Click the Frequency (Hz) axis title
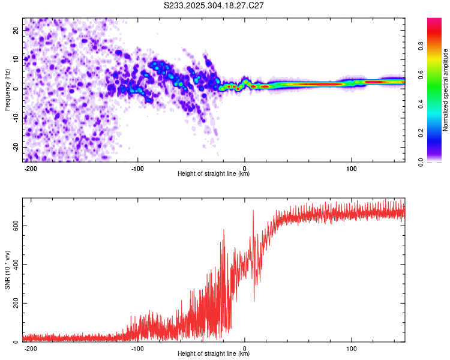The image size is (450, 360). pyautogui.click(x=7, y=89)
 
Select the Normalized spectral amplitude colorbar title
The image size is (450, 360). pyautogui.click(x=446, y=89)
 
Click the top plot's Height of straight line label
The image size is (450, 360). pyautogui.click(x=214, y=174)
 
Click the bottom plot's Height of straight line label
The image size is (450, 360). pyautogui.click(x=214, y=354)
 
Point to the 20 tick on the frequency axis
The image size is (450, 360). pyautogui.click(x=17, y=30)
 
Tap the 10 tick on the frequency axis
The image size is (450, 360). pyautogui.click(x=17, y=59)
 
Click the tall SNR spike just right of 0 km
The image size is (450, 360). pyautogui.click(x=253, y=211)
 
